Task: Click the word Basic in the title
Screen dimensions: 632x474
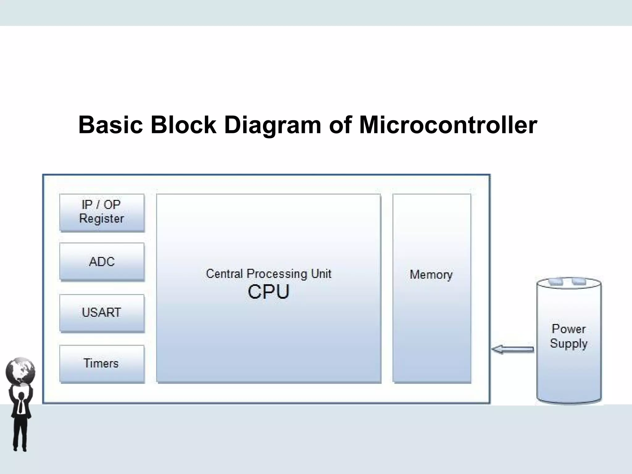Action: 111,125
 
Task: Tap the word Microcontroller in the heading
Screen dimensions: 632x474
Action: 448,125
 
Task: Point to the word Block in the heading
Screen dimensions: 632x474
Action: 184,125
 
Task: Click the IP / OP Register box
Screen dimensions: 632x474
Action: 102,213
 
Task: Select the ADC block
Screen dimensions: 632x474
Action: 102,262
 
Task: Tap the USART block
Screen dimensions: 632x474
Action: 102,313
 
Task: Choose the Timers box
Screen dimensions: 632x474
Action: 102,364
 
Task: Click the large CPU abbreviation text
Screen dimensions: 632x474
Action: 268,292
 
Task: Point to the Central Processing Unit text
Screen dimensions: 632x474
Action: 268,274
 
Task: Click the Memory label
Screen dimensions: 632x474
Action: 431,275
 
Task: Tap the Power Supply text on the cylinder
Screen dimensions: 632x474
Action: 569,336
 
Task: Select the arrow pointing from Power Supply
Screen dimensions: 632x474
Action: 513,349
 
